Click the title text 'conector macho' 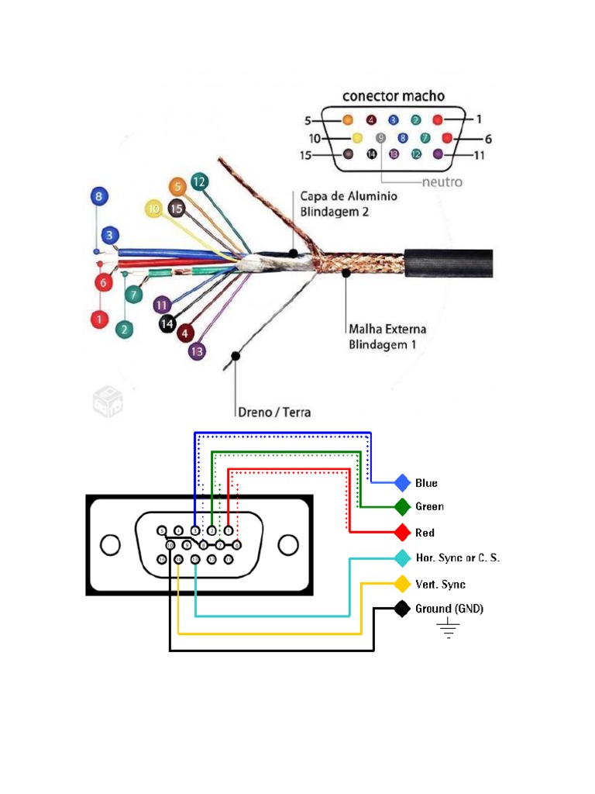[394, 96]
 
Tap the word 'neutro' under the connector [442, 182]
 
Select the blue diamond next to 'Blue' [402, 483]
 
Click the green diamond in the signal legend [402, 507]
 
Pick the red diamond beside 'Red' [402, 533]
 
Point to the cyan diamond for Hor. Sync [402, 558]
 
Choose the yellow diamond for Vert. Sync [402, 584]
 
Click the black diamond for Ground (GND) [402, 609]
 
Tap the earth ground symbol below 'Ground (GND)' [448, 629]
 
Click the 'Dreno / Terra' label [273, 412]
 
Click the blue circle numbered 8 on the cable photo [98, 197]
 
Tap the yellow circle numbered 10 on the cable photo [154, 209]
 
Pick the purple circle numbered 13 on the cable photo [198, 350]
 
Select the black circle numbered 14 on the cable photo [167, 323]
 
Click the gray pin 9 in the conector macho [380, 138]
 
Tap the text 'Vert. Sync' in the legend [441, 584]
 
